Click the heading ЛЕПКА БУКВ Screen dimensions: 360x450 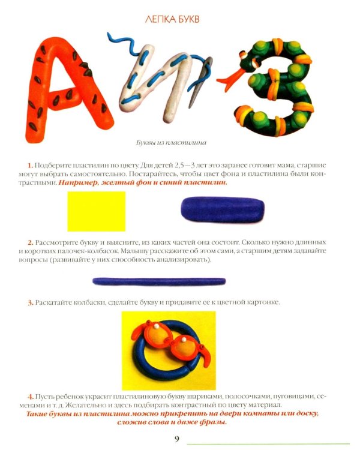point(172,19)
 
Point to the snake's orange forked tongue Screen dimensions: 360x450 point(230,79)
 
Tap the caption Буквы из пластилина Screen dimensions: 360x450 point(171,142)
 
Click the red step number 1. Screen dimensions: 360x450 point(30,166)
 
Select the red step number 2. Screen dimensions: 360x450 point(31,242)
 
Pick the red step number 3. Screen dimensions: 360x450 point(31,302)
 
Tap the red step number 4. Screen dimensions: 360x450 point(31,397)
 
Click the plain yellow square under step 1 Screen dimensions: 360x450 point(97,211)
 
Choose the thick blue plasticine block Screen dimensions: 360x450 point(223,209)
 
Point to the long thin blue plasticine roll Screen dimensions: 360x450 point(159,281)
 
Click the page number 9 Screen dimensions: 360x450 point(177,439)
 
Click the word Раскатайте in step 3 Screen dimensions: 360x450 point(53,302)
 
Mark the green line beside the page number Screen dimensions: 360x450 point(268,444)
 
